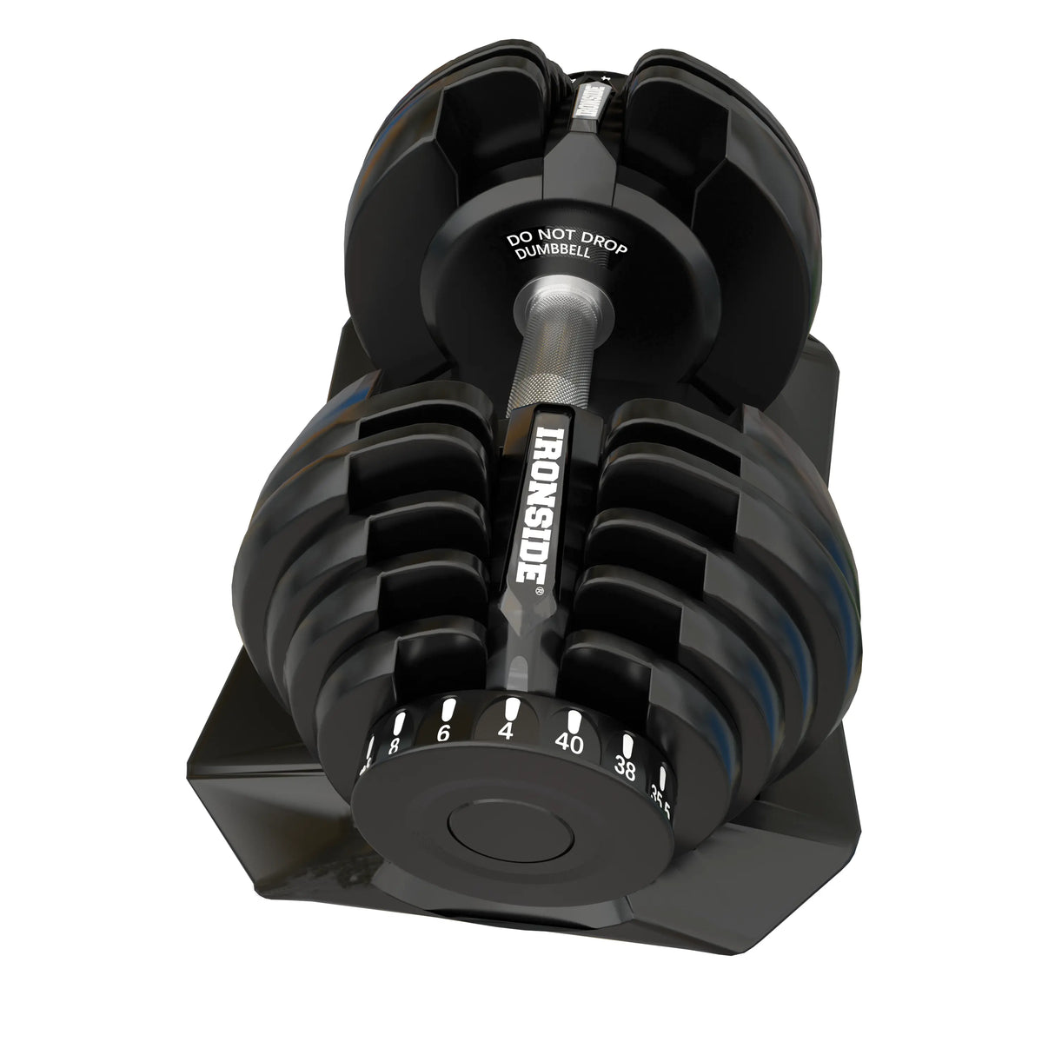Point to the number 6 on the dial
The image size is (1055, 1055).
443,734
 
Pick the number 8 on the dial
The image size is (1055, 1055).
394,746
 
